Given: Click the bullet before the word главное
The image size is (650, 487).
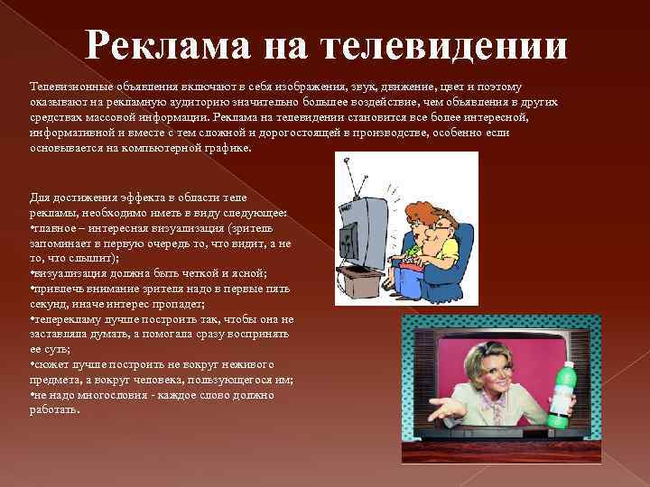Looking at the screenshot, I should click(x=32, y=228).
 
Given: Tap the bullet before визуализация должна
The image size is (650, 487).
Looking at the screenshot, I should click(x=32, y=271).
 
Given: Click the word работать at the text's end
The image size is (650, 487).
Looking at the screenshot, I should click(x=54, y=409).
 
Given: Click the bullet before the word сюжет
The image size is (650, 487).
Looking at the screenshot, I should click(x=32, y=365).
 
